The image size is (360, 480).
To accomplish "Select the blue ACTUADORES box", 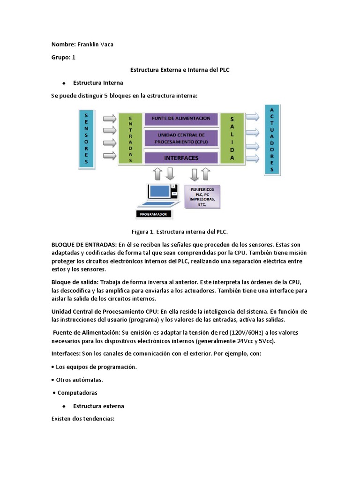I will pos(272,139).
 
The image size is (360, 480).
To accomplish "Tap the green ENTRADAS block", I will pos(130,139).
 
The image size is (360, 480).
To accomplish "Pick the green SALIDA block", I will pos(232,139).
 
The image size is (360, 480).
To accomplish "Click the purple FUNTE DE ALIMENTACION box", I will pos(181,119).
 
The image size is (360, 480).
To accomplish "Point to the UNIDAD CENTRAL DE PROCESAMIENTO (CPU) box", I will pos(181,138).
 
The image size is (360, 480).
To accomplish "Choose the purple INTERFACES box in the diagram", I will pos(181,158).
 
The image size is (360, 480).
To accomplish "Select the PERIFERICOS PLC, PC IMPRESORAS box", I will pos(202,196).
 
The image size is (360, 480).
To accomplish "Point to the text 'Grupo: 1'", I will pos(63,57).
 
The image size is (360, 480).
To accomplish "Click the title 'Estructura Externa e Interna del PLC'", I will pos(180,70).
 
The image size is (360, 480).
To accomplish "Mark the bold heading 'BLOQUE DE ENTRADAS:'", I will pos(84,245).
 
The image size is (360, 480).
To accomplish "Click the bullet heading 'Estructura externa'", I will pos(98,406).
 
